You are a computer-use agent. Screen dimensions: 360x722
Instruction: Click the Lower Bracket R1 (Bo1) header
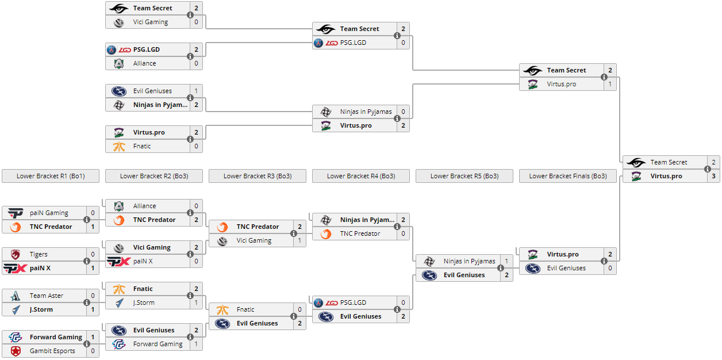tap(51, 176)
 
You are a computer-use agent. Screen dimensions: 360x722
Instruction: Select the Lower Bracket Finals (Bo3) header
tap(568, 176)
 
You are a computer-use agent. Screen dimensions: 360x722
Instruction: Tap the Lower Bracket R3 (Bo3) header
tap(258, 176)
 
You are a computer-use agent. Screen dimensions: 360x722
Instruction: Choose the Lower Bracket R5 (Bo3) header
tap(464, 176)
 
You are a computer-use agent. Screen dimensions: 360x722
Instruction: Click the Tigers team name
tap(39, 254)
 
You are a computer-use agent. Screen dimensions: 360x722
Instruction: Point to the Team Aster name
tap(46, 296)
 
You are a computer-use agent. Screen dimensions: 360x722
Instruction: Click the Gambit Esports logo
tap(16, 351)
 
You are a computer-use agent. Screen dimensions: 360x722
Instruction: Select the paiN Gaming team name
tap(49, 213)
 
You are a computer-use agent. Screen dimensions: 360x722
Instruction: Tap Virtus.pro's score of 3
tap(713, 176)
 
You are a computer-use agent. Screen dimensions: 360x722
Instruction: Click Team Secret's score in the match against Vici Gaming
tap(196, 8)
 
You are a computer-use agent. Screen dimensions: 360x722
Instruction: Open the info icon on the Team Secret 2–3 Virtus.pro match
tap(708, 169)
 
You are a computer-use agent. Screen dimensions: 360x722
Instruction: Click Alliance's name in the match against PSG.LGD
tap(144, 63)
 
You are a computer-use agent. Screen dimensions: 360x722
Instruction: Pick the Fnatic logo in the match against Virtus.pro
tap(119, 146)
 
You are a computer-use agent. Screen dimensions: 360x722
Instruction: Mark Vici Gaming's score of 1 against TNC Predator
tap(299, 240)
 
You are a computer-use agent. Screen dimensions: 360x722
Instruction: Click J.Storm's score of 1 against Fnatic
tap(196, 302)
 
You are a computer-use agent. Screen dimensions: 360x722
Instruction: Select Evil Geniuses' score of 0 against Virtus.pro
tap(610, 268)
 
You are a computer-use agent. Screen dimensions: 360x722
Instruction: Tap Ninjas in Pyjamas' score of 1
tap(506, 261)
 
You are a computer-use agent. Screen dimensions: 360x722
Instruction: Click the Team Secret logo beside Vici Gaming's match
tap(119, 8)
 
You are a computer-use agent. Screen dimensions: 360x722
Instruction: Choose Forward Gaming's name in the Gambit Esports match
tap(56, 337)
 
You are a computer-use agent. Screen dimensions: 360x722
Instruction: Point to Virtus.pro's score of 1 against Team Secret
tap(610, 84)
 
